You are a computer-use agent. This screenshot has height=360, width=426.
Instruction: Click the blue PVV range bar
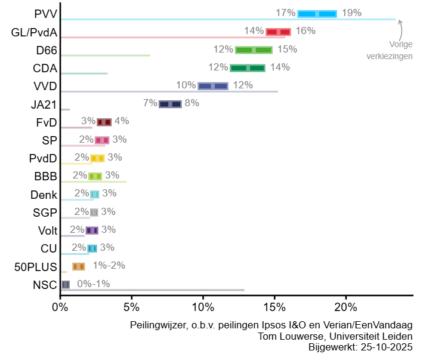coord(317,14)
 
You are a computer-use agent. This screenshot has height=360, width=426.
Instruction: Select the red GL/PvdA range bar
coord(278,32)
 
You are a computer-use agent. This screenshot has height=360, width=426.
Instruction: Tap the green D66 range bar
coord(254,50)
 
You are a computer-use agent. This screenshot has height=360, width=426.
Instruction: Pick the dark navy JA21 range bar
coord(170,104)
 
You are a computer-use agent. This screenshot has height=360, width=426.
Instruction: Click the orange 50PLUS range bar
coord(78,266)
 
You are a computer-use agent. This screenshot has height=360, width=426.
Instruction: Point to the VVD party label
coord(45,86)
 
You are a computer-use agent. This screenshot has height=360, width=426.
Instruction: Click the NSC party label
coord(45,284)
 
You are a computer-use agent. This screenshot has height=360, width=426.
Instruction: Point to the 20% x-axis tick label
coord(345,307)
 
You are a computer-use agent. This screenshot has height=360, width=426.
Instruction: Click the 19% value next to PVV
coord(351,13)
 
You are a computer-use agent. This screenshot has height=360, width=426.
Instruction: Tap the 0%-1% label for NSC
coord(94,284)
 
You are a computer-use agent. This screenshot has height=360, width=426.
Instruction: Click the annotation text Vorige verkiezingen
coord(392,50)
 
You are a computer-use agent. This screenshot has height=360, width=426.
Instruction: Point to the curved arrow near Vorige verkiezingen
coord(401,28)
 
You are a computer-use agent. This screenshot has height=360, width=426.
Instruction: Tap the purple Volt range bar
coord(91,230)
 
